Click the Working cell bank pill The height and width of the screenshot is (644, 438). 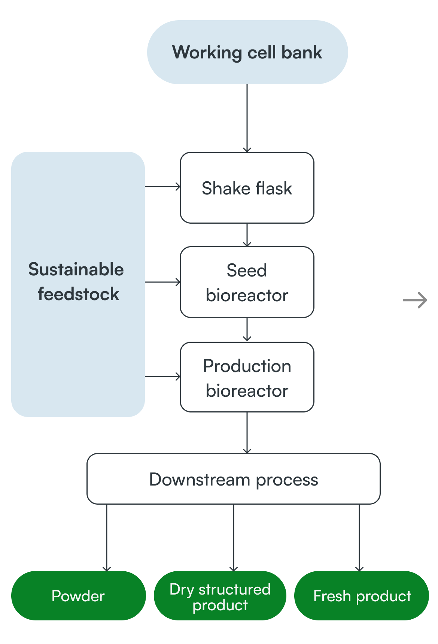(x=247, y=52)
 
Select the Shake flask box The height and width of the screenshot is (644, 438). (x=247, y=188)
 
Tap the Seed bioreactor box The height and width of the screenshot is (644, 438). (x=247, y=282)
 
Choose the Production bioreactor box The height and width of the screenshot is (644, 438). (x=247, y=377)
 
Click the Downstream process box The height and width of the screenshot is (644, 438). (x=234, y=479)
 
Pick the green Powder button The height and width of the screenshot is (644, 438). (x=78, y=596)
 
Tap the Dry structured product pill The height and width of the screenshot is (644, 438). (x=220, y=596)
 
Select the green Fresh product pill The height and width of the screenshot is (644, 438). (x=362, y=596)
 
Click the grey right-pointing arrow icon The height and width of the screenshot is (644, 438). (x=415, y=300)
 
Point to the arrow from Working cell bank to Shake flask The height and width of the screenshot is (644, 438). (x=247, y=118)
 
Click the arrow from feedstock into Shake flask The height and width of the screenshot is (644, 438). (x=162, y=186)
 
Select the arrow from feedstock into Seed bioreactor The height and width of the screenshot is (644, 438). (x=162, y=282)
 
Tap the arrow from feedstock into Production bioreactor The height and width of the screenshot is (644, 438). (x=162, y=377)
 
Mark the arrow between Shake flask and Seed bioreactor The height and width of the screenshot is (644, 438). (x=247, y=235)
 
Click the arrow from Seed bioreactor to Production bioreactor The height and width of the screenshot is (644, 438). (x=247, y=330)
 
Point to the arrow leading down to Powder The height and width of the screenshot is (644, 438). (x=107, y=538)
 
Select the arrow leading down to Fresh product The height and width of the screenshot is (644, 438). (x=359, y=538)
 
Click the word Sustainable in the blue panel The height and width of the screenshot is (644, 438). (x=76, y=269)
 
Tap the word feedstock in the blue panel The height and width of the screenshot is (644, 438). (x=78, y=294)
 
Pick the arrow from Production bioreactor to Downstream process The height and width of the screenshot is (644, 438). (x=247, y=433)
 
